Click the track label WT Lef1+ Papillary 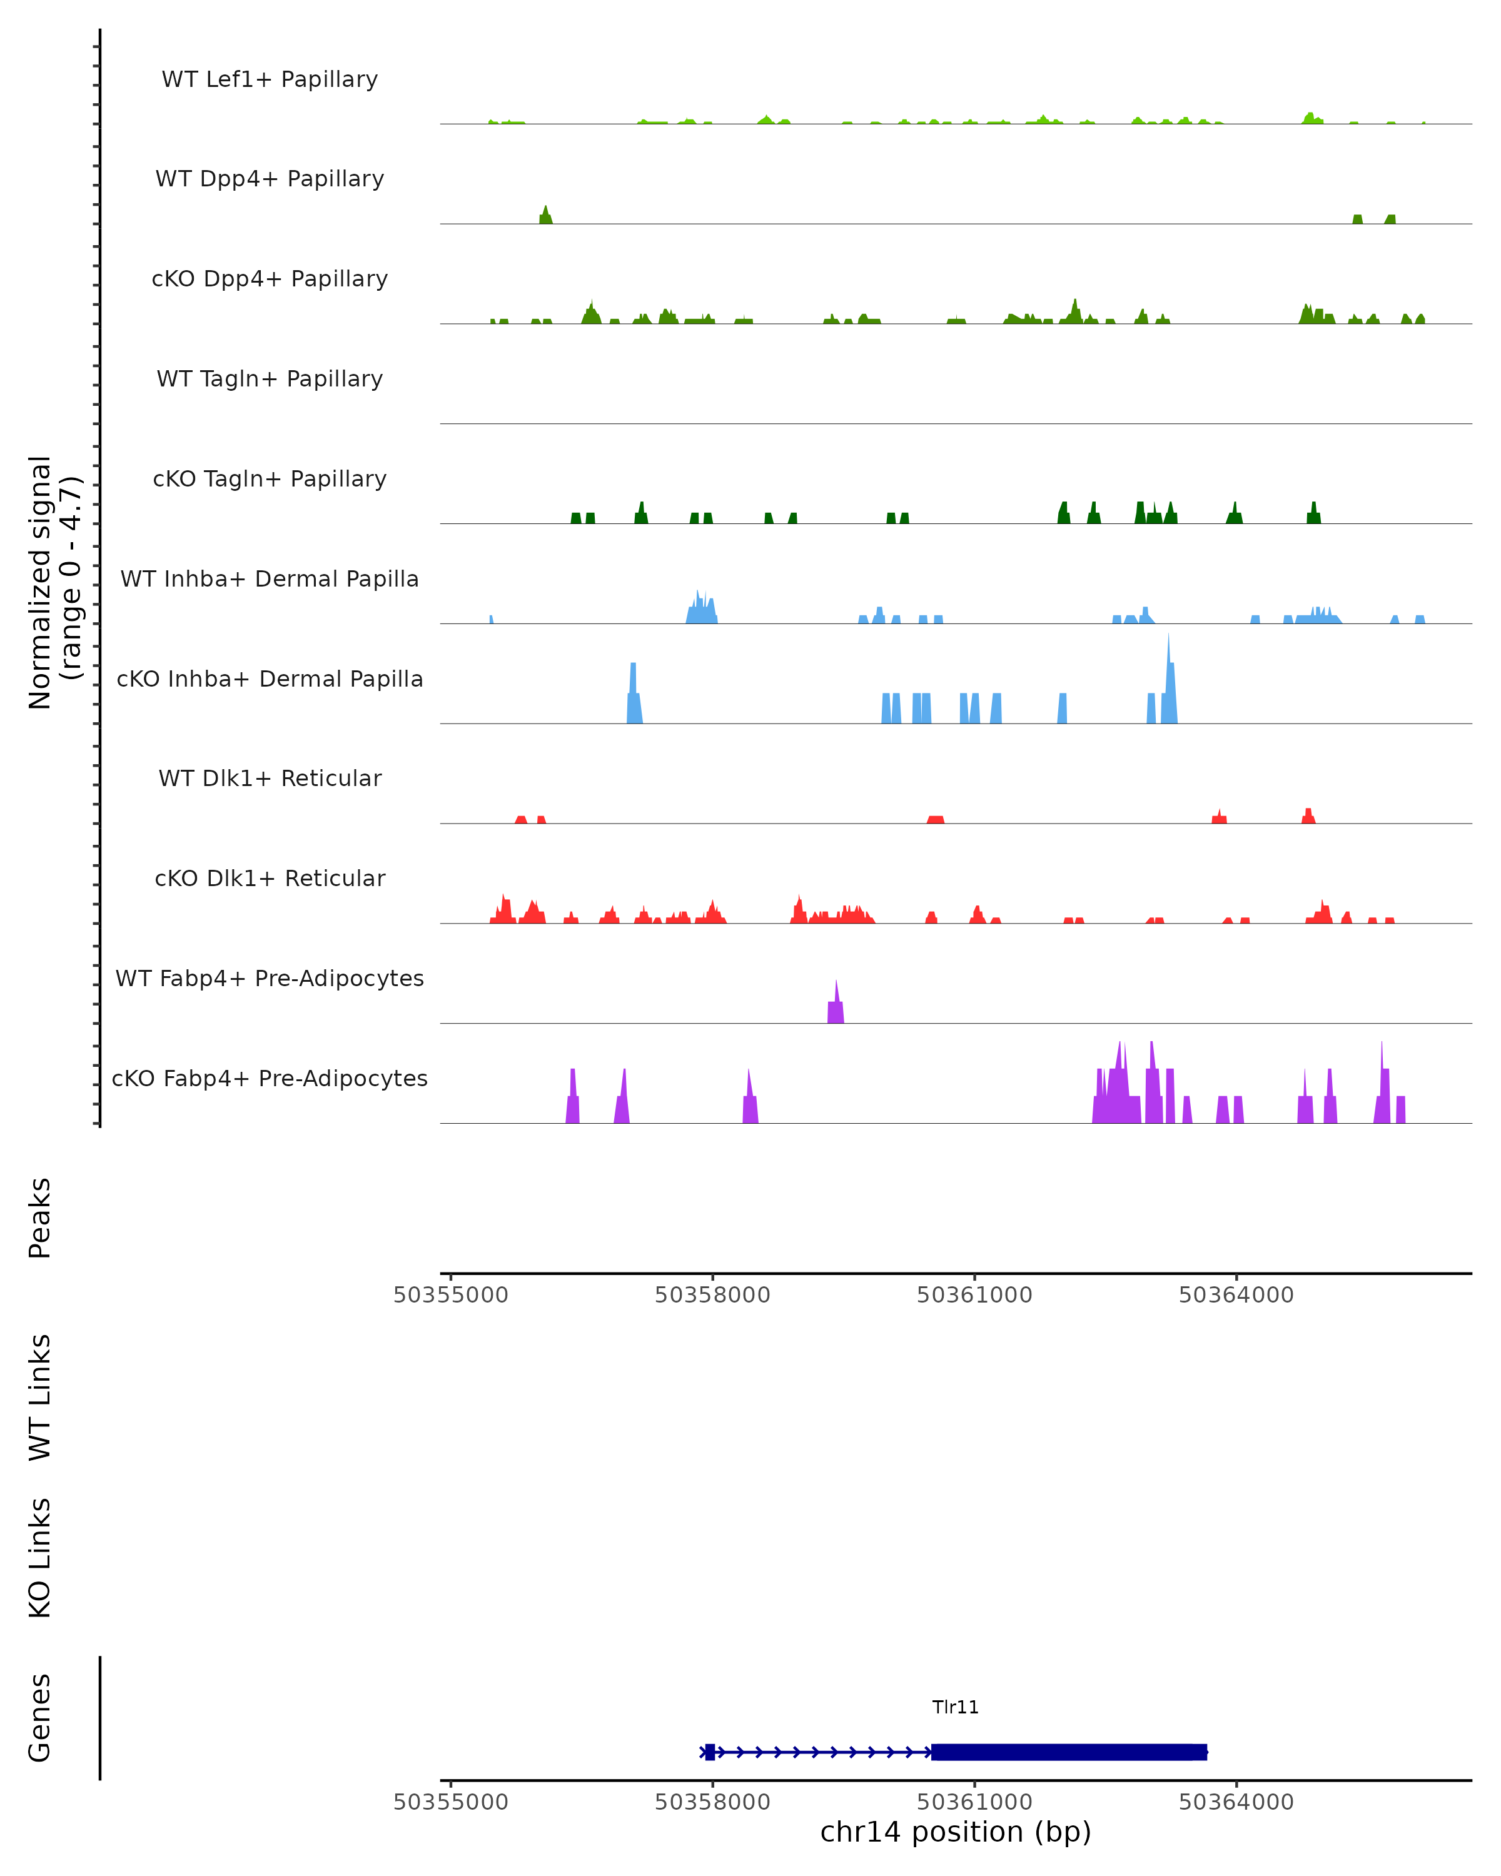click(270, 79)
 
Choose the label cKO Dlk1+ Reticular click(270, 878)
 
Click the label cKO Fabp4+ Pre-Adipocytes click(270, 1078)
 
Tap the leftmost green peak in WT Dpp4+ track click(545, 216)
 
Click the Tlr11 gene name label click(956, 1707)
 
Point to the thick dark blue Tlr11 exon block click(1069, 1752)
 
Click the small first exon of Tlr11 click(710, 1752)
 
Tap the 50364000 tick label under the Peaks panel click(1236, 1296)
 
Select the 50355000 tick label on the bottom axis click(451, 1802)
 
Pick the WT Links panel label click(40, 1396)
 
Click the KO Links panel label click(40, 1558)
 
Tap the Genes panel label click(40, 1718)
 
